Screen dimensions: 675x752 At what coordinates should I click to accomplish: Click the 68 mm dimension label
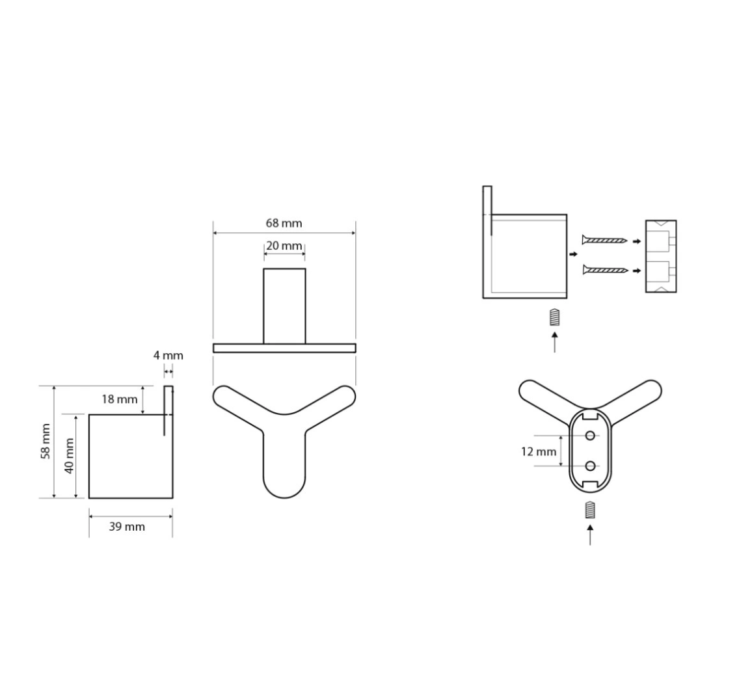pyautogui.click(x=284, y=223)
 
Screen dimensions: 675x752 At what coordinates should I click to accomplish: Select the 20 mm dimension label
pyautogui.click(x=284, y=246)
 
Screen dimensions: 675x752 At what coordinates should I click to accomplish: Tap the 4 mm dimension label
pyautogui.click(x=168, y=356)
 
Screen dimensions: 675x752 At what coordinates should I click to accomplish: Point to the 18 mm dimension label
pyautogui.click(x=119, y=399)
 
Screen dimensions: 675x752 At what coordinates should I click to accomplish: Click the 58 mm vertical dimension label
pyautogui.click(x=46, y=441)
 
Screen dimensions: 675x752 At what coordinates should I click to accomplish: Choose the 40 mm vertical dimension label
pyautogui.click(x=68, y=456)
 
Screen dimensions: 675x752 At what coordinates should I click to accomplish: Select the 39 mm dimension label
pyautogui.click(x=126, y=527)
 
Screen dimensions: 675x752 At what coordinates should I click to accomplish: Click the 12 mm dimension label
pyautogui.click(x=539, y=451)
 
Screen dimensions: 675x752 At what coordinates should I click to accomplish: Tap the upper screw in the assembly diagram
pyautogui.click(x=604, y=241)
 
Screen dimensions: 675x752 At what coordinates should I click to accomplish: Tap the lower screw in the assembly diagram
pyautogui.click(x=604, y=269)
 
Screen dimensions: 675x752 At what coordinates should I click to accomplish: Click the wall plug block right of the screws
pyautogui.click(x=660, y=256)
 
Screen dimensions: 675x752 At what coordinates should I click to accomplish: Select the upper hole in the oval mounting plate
pyautogui.click(x=590, y=435)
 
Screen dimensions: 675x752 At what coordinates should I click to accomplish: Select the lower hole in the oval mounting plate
pyautogui.click(x=590, y=466)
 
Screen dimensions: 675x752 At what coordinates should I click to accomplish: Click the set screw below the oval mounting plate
pyautogui.click(x=590, y=510)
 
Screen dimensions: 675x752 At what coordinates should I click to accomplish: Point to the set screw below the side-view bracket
pyautogui.click(x=554, y=318)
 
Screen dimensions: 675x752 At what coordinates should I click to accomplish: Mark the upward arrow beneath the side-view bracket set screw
pyautogui.click(x=554, y=342)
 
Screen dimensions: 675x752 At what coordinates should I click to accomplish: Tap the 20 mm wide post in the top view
pyautogui.click(x=284, y=306)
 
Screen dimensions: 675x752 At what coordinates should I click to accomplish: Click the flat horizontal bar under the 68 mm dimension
pyautogui.click(x=284, y=348)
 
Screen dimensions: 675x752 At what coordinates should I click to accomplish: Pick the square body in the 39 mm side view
pyautogui.click(x=130, y=457)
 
